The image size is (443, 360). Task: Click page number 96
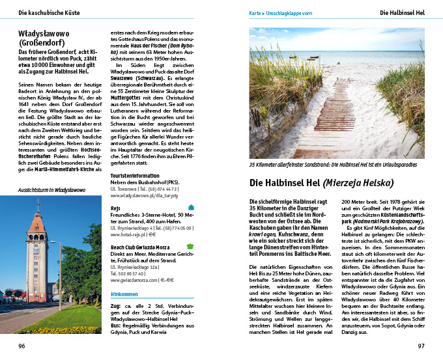[21, 345]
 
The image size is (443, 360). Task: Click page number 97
[421, 345]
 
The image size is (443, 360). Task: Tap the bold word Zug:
[117, 306]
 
